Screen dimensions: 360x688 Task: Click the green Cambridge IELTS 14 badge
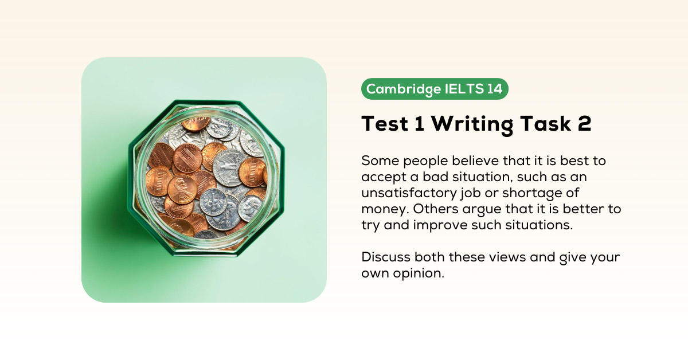435,89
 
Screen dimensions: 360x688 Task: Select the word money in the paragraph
383,209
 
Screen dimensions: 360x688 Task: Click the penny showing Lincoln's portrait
182,190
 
